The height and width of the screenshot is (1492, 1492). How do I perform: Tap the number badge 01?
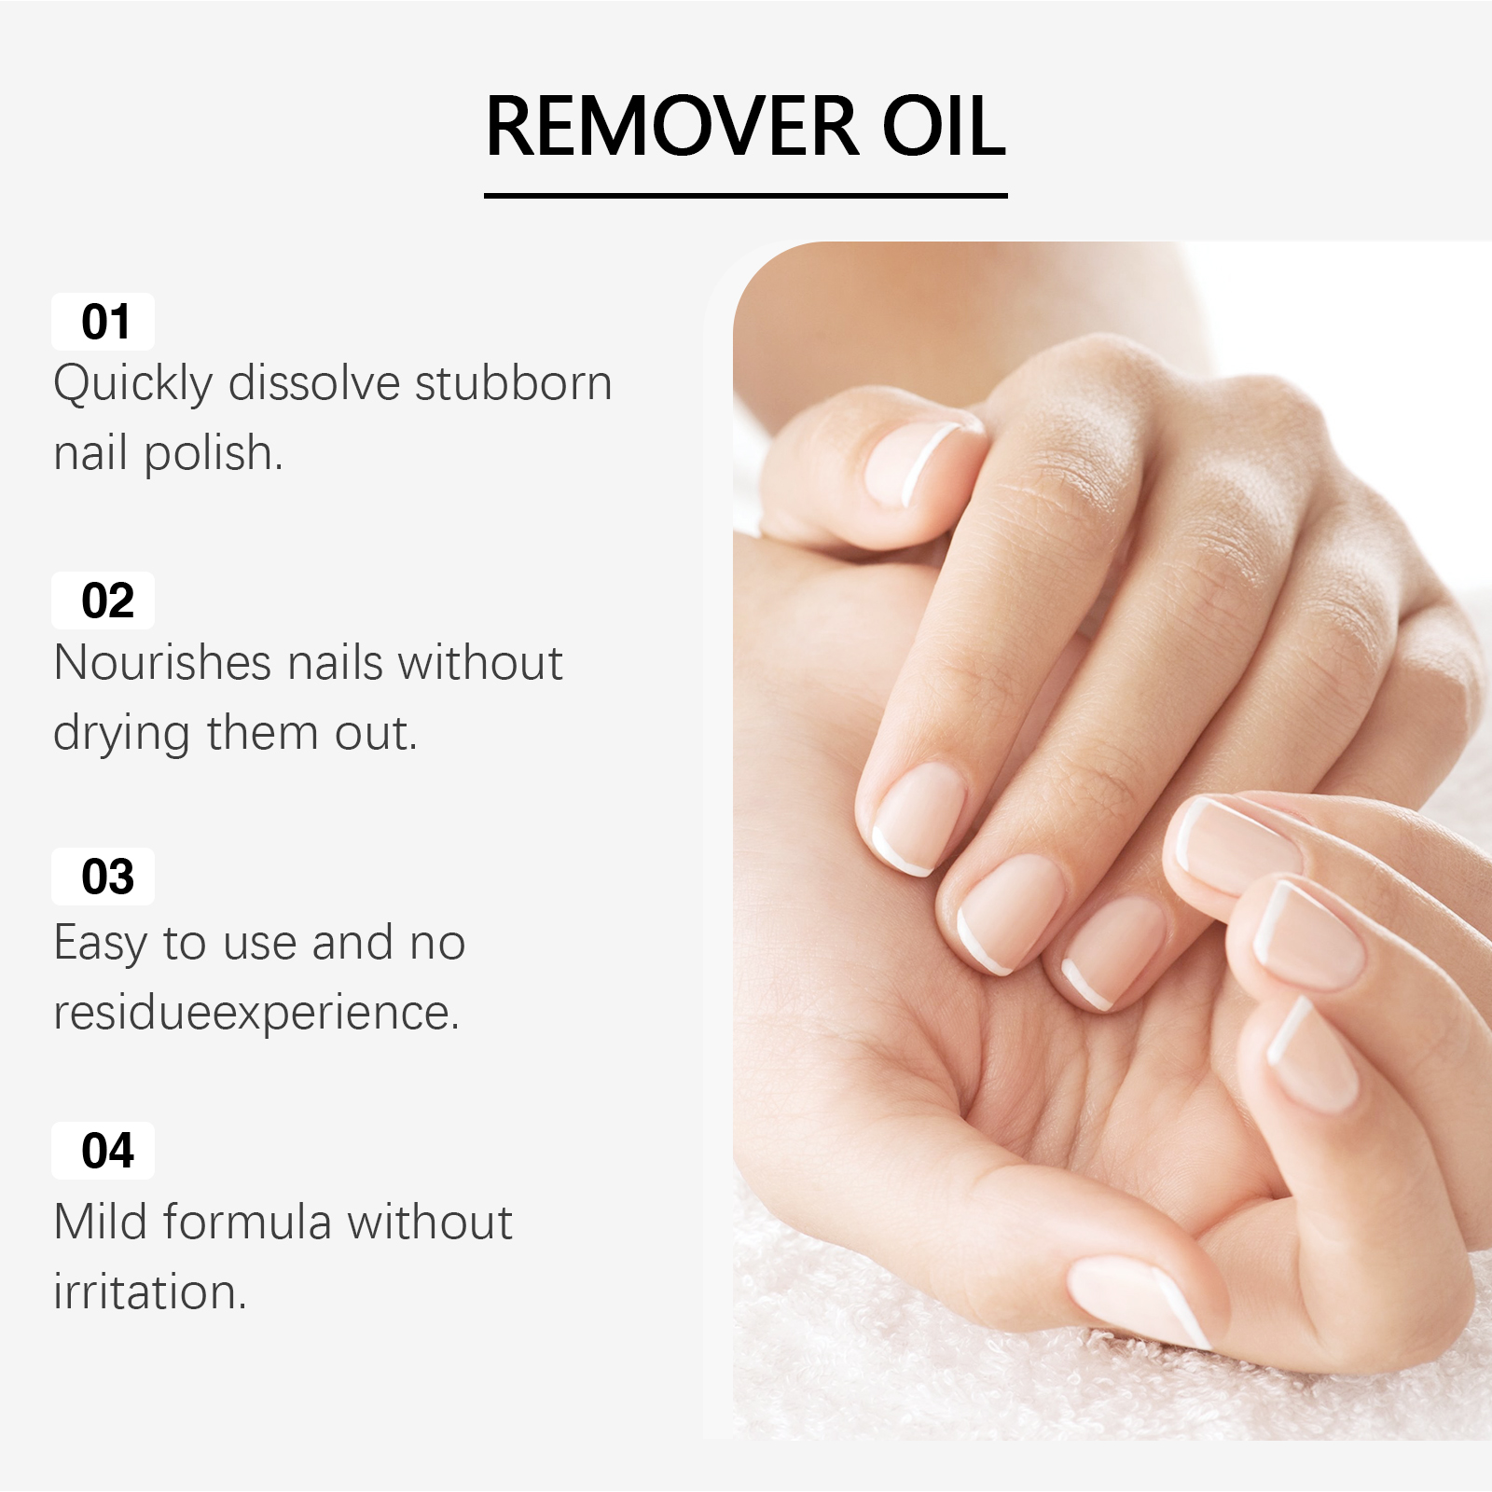(103, 322)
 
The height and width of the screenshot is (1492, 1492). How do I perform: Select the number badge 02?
(103, 600)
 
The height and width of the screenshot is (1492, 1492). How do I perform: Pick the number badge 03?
(103, 877)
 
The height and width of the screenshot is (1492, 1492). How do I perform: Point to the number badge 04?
(103, 1151)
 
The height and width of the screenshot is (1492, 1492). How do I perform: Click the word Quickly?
(133, 385)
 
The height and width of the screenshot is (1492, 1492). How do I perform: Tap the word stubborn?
(513, 383)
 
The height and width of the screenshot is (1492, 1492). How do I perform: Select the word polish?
(214, 455)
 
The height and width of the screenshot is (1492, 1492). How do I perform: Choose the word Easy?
(101, 944)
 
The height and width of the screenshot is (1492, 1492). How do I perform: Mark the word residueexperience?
(256, 1014)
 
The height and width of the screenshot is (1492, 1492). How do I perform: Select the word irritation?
(150, 1292)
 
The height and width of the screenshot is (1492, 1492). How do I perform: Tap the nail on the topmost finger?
(914, 463)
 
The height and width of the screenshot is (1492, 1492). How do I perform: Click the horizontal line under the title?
(746, 196)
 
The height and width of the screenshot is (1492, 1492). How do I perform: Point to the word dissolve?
(314, 383)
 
